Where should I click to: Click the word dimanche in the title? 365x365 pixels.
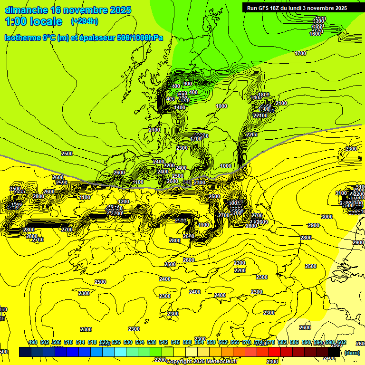pos(26,10)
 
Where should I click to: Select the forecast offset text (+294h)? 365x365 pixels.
pos(85,21)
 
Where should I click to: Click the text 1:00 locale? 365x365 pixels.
pos(34,21)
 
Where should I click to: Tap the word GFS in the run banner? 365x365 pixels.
pos(267,8)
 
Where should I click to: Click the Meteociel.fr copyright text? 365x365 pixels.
pos(202,361)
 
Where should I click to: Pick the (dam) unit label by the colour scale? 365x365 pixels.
pos(352,352)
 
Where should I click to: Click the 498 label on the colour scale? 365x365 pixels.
pos(33,343)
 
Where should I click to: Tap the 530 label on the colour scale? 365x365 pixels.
pos(128,343)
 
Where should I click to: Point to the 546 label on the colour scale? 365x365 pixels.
pos(175,343)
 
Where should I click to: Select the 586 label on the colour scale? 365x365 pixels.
pos(294,343)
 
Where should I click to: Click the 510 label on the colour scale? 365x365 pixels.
pos(68,343)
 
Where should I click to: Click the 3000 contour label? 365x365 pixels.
pos(327,217)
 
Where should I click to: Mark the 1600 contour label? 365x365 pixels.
pos(315,34)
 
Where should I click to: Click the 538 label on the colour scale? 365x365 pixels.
pos(152,343)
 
